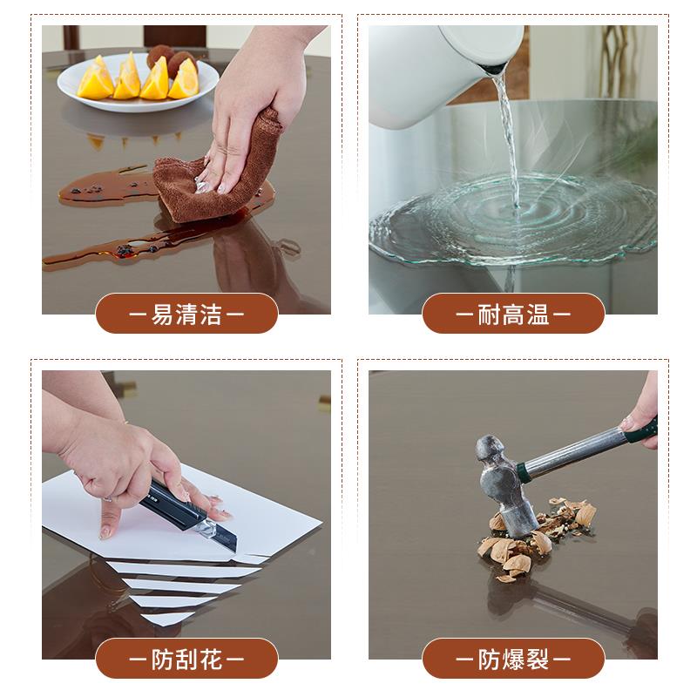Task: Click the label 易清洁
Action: pos(186,314)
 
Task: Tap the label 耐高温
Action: pos(513,314)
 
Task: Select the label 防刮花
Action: pos(186,659)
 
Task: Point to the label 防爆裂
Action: pos(513,659)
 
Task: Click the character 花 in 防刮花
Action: pos(211,659)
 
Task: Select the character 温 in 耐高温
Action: pos(538,314)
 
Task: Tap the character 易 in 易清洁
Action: pos(162,314)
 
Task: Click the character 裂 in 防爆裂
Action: pos(538,659)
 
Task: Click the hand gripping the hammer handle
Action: pos(645,409)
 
